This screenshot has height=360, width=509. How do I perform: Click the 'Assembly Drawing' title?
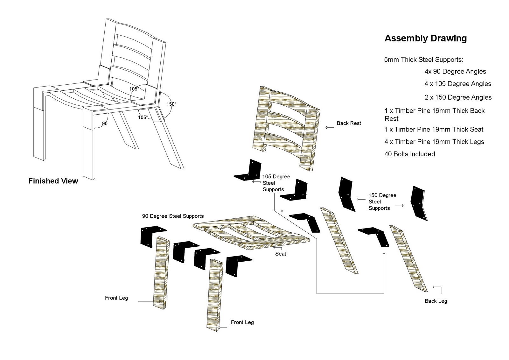pos(425,38)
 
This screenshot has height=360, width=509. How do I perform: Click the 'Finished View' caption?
pos(53,181)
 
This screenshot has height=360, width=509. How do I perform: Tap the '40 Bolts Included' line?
pos(409,154)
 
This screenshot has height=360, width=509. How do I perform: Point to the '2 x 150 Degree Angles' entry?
pos(458,97)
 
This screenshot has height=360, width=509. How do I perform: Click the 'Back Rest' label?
pos(349,123)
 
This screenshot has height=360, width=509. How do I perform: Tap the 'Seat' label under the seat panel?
pos(281,254)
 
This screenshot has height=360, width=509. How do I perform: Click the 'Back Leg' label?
pos(436,301)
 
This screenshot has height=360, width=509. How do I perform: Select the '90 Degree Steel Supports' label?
pos(173,216)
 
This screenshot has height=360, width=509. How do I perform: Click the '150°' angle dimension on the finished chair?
pos(171,104)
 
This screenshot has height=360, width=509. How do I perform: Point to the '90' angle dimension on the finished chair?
pos(105,124)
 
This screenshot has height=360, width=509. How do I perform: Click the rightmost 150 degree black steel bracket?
pos(419,203)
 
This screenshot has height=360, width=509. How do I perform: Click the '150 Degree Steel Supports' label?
pos(382,201)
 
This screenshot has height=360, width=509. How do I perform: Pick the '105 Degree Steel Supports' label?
pos(275,183)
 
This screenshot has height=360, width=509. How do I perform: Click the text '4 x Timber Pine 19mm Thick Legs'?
pos(434,142)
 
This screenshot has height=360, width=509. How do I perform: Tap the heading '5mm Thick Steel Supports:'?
pos(423,60)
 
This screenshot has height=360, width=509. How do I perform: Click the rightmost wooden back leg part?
pos(409,258)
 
